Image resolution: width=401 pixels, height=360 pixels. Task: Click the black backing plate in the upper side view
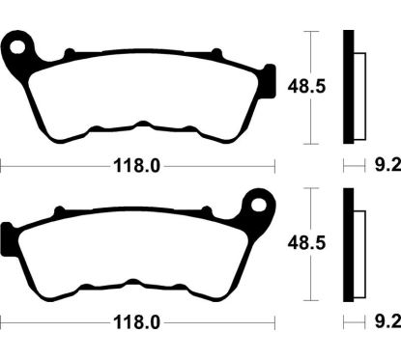350,87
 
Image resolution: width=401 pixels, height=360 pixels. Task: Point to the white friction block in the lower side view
359,248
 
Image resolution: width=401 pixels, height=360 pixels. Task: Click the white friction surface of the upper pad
140,92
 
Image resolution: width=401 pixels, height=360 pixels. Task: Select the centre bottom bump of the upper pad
141,125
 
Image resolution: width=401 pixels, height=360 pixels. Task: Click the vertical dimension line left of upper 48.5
309,87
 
